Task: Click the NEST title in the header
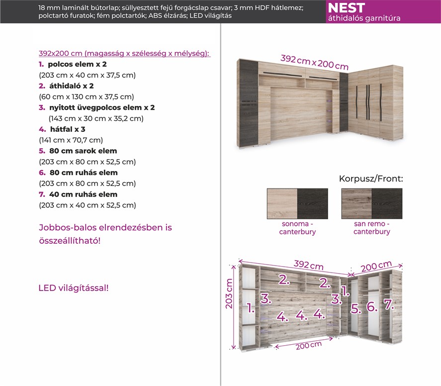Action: [x=347, y=8]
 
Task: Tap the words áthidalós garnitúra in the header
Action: [x=364, y=18]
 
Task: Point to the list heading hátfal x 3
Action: [x=67, y=129]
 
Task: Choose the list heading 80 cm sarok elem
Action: [x=83, y=151]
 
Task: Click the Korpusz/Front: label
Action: [x=371, y=179]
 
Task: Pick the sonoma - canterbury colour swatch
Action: [x=297, y=203]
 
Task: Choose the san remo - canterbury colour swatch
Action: [x=372, y=203]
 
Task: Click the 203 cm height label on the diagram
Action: [x=229, y=293]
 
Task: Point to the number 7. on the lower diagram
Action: [x=388, y=304]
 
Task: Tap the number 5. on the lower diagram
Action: [x=355, y=308]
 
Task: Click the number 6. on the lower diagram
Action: [x=372, y=306]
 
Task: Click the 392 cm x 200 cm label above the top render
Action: [x=314, y=62]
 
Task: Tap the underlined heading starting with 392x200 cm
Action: [x=124, y=53]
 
